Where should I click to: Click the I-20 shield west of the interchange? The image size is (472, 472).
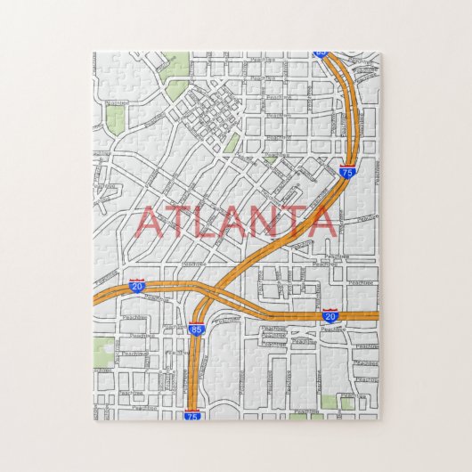[x=136, y=284]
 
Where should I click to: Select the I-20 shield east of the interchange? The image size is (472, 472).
[x=330, y=315]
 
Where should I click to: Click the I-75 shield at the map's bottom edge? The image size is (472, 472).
[x=191, y=415]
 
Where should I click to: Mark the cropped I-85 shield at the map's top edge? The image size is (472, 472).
[x=321, y=54]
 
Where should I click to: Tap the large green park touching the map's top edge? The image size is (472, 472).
[x=177, y=64]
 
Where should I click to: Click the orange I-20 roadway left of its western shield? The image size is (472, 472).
[x=111, y=291]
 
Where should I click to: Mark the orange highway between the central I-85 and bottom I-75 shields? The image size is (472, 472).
[x=192, y=374]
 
